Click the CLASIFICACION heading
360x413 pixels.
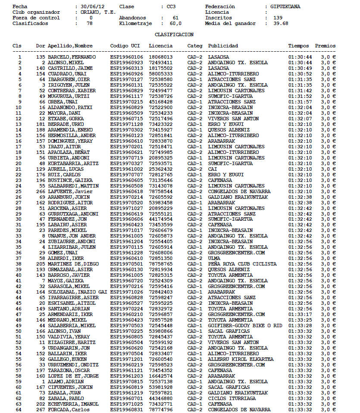(174, 34)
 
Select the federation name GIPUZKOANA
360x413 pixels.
(285, 7)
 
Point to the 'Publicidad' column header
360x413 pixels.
(223, 46)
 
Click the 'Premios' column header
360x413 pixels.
(325, 46)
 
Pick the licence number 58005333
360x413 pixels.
(161, 74)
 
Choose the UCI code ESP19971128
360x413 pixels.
(126, 124)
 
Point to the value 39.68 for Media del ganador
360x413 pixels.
(281, 24)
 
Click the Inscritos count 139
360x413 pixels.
(278, 18)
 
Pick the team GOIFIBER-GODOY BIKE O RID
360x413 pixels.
(245, 326)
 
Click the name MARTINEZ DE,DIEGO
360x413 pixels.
(70, 264)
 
